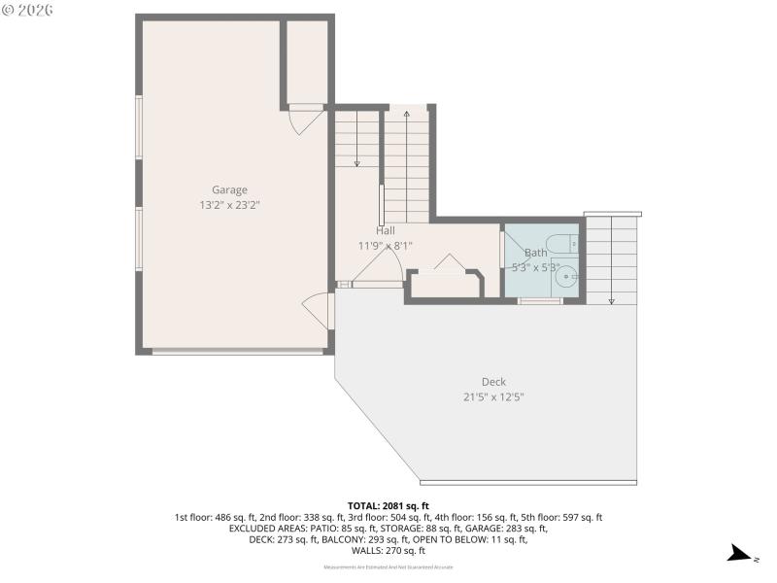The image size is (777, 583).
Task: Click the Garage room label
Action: (230, 189)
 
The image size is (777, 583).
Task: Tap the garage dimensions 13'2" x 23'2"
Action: (230, 205)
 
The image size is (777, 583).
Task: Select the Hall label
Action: (385, 230)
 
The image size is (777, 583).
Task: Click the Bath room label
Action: (536, 253)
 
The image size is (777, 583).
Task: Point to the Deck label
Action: (493, 382)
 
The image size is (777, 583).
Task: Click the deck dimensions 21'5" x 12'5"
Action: (493, 396)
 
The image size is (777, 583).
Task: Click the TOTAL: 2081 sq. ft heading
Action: (388, 506)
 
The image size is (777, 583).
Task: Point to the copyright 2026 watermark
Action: (28, 10)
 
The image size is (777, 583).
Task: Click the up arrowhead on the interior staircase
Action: (406, 115)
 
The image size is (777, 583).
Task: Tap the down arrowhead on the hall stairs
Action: (356, 163)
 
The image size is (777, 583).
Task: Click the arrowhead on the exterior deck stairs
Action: (612, 301)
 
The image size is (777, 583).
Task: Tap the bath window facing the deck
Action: (540, 301)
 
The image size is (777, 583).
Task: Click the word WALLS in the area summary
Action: (366, 550)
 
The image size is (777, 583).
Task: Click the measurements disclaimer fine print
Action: (388, 566)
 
